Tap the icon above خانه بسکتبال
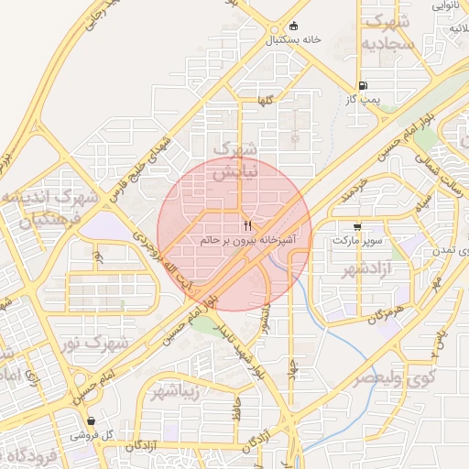point(293,26)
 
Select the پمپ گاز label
point(376,96)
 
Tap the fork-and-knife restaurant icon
point(248,225)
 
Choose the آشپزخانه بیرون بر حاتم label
point(249,240)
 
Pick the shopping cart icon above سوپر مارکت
point(356,226)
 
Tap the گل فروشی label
point(95,435)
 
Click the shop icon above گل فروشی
point(91,420)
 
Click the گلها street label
point(266,102)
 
